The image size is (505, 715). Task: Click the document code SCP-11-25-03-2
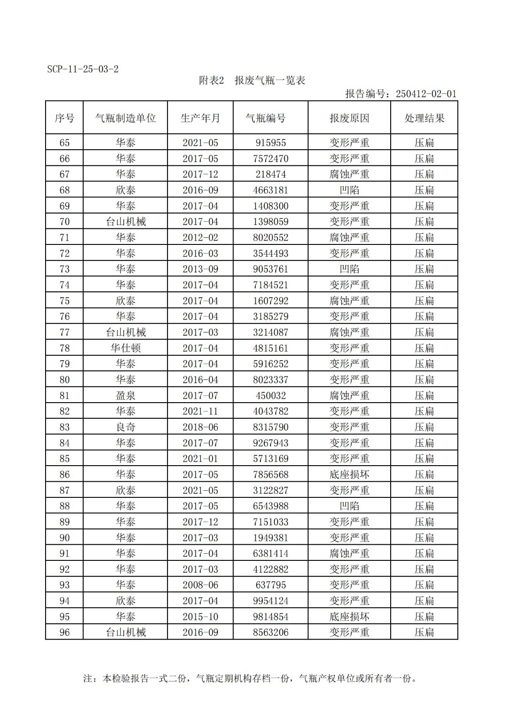83,69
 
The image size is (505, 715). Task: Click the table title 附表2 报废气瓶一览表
252,80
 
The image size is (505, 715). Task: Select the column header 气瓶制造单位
125,118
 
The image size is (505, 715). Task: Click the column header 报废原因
349,118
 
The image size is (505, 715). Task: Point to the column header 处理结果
424,118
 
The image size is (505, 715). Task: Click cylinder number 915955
271,143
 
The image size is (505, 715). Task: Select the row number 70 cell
64,222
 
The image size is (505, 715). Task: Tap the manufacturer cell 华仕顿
125,348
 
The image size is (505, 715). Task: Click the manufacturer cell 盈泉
125,395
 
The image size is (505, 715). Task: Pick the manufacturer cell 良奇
125,427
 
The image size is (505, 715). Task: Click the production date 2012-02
200,237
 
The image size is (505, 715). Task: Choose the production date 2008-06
200,585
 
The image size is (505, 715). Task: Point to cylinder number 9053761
271,269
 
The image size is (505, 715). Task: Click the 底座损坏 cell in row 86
349,475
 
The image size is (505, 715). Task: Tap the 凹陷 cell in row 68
349,190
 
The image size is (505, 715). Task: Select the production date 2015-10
200,617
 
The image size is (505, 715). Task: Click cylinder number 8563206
271,632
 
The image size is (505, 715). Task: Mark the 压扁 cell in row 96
424,632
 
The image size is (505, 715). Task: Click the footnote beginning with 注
250,678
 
